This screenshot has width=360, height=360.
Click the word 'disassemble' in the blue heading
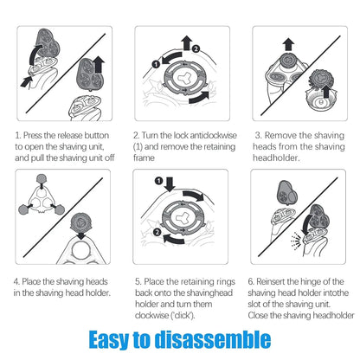(x=213, y=339)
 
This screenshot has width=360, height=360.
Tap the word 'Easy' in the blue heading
(x=108, y=340)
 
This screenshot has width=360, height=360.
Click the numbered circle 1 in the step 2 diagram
(x=156, y=64)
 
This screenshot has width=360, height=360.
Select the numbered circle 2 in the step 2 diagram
(x=196, y=48)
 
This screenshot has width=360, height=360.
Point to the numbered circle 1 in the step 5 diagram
(x=158, y=181)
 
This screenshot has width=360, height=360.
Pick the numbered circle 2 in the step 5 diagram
(x=157, y=232)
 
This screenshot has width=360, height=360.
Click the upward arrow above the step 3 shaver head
(x=288, y=45)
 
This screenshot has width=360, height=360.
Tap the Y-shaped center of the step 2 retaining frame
(x=183, y=77)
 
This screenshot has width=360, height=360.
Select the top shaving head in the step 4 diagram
(x=42, y=178)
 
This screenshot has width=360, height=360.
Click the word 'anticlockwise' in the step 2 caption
(x=214, y=135)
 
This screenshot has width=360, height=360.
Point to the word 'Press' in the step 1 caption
(x=33, y=135)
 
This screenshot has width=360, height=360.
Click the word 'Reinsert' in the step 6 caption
(x=271, y=281)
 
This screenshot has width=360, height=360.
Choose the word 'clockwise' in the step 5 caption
(x=151, y=315)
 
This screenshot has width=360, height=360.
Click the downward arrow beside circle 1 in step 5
(x=170, y=184)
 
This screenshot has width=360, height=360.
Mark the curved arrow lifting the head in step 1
(x=35, y=55)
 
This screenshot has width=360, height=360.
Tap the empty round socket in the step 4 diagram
(x=81, y=250)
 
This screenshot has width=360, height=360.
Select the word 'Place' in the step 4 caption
(x=31, y=281)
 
